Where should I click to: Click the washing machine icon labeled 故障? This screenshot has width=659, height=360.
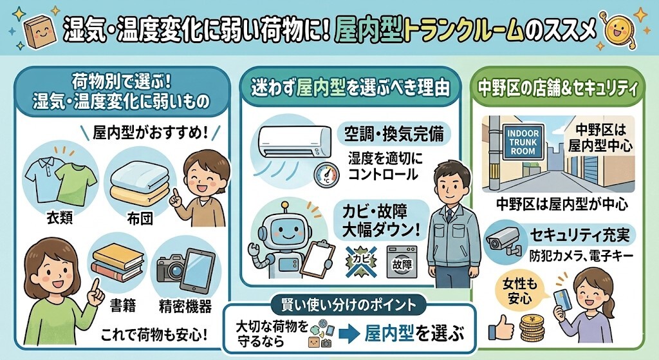click(402, 261)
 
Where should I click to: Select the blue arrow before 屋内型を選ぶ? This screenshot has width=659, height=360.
click(348, 334)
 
